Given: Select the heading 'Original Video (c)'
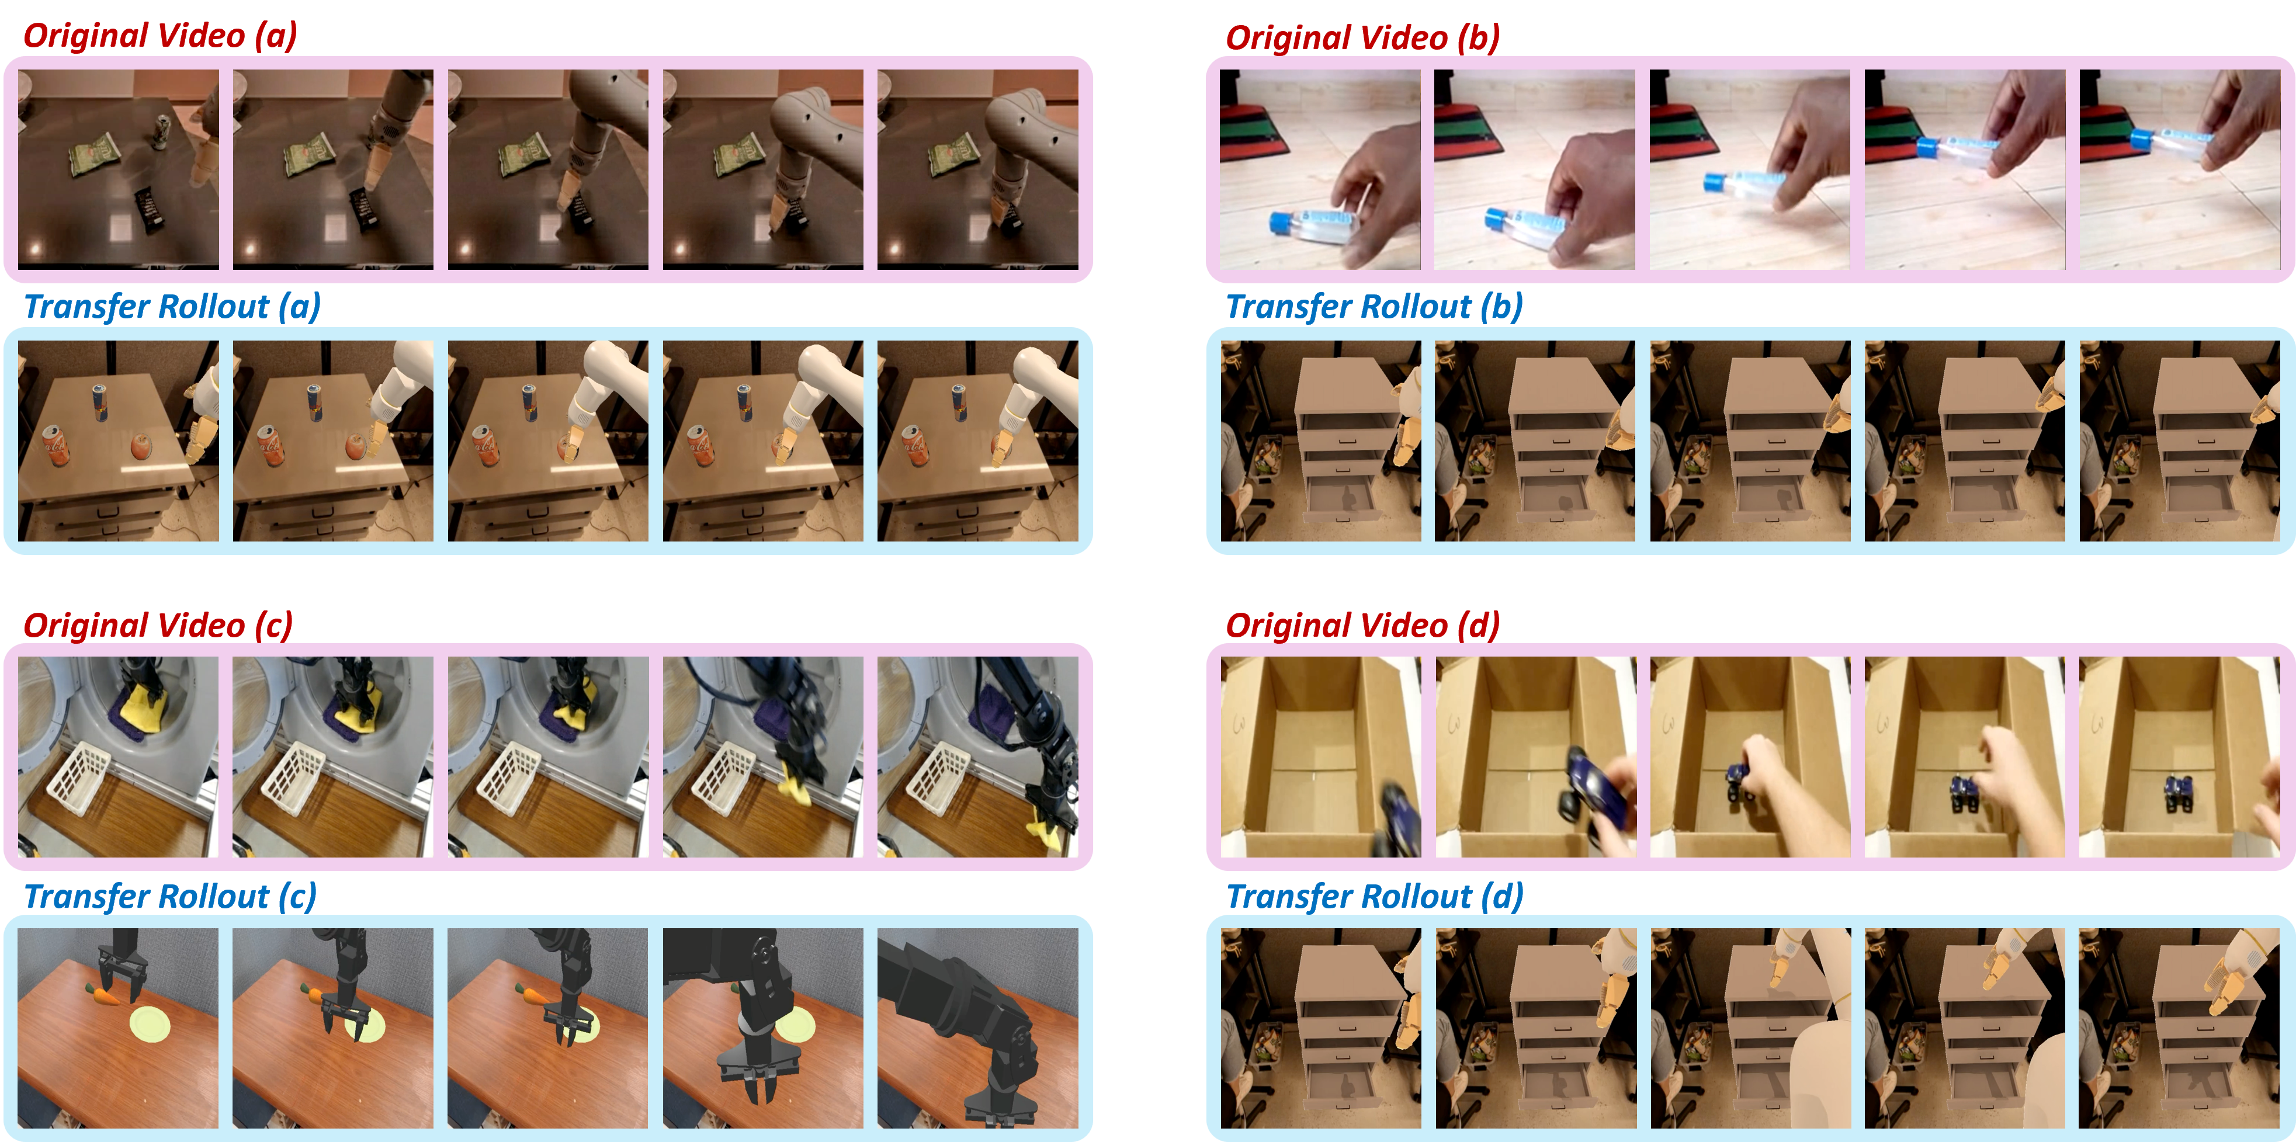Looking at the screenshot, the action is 158,626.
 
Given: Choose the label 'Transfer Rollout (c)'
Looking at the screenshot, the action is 170,897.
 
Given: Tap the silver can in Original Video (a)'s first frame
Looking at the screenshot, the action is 163,133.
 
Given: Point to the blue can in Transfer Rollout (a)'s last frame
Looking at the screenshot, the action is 958,403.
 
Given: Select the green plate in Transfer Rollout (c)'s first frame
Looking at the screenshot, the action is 150,1025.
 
